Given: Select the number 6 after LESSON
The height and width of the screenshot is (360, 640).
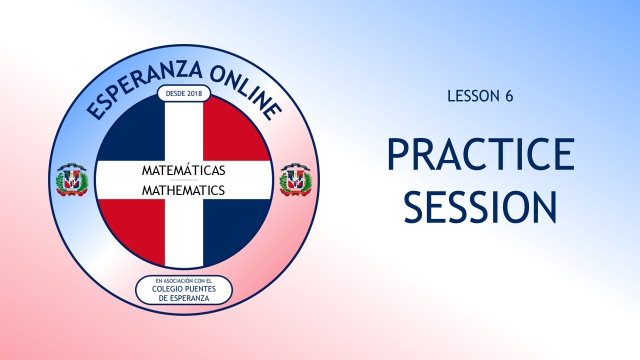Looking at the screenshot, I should (x=508, y=96).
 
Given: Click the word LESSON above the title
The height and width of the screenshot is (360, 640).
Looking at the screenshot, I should (x=473, y=96).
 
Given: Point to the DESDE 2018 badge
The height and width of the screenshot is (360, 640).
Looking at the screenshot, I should (x=183, y=93).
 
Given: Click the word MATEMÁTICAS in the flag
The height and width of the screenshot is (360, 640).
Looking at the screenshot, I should (x=183, y=170).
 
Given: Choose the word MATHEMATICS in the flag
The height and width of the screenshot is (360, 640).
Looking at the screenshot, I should (x=183, y=190).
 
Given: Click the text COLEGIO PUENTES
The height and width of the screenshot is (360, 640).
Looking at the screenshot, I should (x=183, y=289).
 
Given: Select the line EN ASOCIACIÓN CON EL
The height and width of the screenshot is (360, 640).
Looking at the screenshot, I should (x=183, y=280).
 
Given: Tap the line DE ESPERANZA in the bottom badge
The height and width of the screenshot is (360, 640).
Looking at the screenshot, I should (x=183, y=298).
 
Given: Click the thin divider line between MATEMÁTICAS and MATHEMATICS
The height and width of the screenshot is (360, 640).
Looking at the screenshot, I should (x=183, y=180).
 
